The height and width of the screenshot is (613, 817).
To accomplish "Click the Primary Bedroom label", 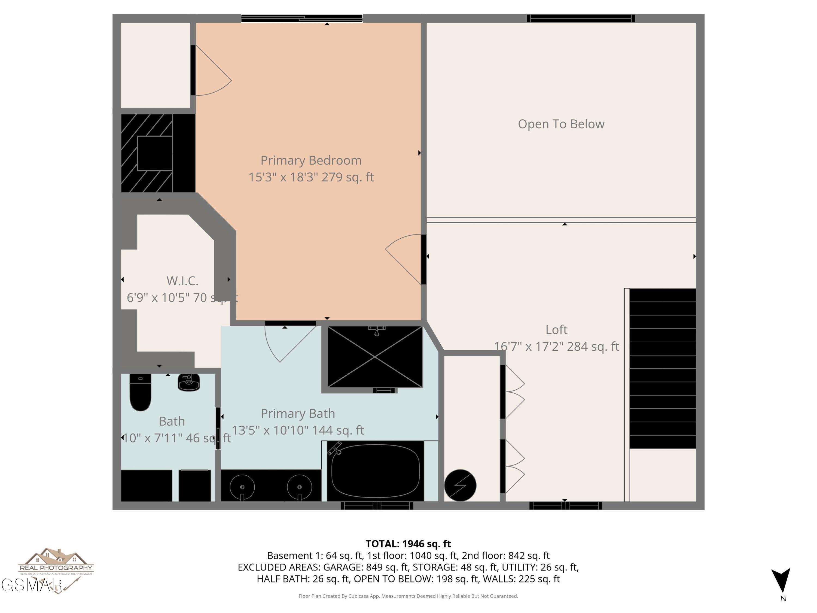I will tap(311, 160).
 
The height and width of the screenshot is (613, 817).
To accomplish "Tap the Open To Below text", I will tap(561, 124).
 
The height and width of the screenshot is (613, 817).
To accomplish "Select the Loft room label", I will tap(556, 330).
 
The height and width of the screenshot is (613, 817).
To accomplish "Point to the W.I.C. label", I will tap(182, 281).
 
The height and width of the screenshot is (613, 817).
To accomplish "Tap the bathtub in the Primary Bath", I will tap(375, 471).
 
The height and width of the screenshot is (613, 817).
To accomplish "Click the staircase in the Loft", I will tap(662, 368).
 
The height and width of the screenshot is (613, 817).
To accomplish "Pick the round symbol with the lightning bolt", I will tap(460, 485).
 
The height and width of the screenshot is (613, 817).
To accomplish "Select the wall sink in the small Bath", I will tap(189, 382).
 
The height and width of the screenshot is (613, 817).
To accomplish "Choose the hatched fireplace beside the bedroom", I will tap(147, 153).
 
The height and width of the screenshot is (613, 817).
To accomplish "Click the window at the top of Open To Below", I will tap(580, 19).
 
